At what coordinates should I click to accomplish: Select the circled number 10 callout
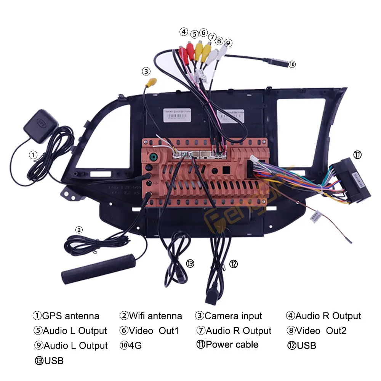(x=292, y=64)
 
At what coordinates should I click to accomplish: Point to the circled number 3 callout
(x=147, y=71)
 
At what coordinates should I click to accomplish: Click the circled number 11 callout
(x=357, y=155)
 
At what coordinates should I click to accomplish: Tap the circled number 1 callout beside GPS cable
(x=34, y=155)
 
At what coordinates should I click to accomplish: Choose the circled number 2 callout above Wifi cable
(x=78, y=229)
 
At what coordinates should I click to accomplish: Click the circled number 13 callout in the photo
(x=190, y=263)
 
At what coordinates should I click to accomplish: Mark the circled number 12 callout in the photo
(x=234, y=263)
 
